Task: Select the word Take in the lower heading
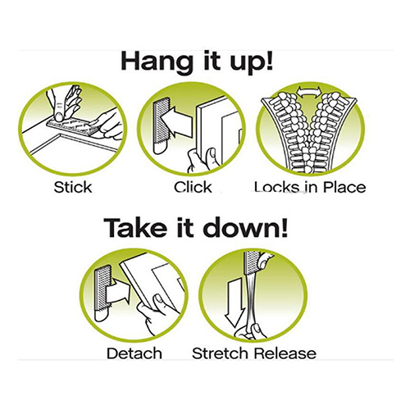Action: tap(136, 227)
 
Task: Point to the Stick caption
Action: tap(73, 187)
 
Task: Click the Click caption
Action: tap(193, 187)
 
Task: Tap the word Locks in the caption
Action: tap(276, 187)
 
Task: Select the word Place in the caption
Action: tap(344, 187)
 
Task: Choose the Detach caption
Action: tap(134, 353)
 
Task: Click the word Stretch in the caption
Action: tap(221, 353)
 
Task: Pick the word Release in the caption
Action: tap(285, 353)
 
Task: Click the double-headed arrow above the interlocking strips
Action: tap(309, 91)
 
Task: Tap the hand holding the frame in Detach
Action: tap(153, 313)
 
